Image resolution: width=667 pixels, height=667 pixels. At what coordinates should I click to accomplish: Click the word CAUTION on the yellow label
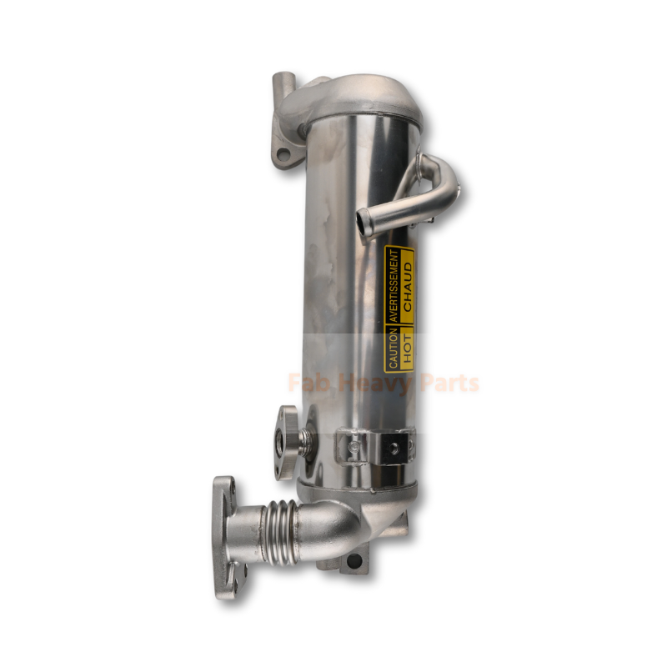click(393, 349)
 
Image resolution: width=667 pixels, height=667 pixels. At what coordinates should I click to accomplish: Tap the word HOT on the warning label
click(408, 349)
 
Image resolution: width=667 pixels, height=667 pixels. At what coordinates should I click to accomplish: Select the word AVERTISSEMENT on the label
click(394, 285)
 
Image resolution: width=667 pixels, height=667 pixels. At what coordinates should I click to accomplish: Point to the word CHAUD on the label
click(408, 286)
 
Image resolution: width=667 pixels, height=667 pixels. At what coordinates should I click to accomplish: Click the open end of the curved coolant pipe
click(362, 220)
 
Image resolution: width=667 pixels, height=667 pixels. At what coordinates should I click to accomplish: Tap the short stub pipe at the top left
click(283, 85)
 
